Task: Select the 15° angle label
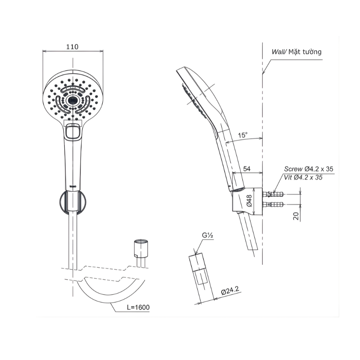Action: coord(242,135)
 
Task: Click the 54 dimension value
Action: coord(247,169)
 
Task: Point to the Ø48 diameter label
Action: coord(248,200)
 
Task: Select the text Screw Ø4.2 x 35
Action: coord(308,169)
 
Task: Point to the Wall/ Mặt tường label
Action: coord(296,52)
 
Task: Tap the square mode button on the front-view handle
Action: coord(72,132)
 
